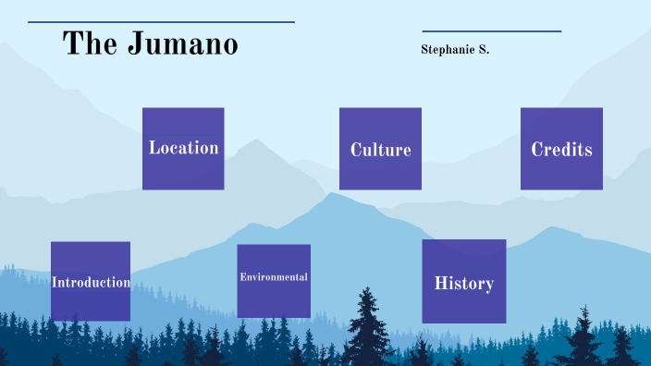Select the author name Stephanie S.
tap(455, 49)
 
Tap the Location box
tap(183, 149)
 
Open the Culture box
tap(380, 149)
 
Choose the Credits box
tap(561, 149)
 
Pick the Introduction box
tap(91, 281)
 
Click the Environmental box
tap(274, 280)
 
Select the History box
tap(464, 281)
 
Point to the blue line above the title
tap(161, 22)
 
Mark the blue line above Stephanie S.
tap(492, 31)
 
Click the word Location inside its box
tap(183, 148)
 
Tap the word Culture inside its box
tap(380, 150)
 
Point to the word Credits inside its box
tap(561, 150)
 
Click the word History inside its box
tap(464, 284)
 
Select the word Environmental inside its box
tap(274, 277)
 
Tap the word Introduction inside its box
tap(91, 282)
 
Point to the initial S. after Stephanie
tap(483, 49)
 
